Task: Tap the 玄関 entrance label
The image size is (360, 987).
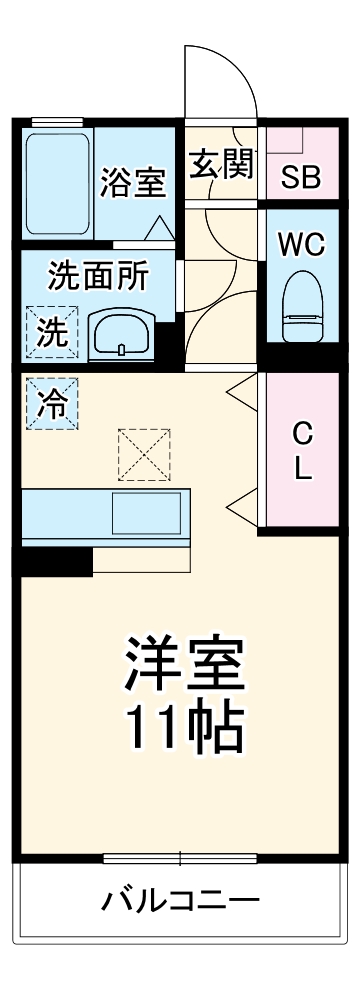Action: (x=222, y=164)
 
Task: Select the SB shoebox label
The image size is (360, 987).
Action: (x=299, y=179)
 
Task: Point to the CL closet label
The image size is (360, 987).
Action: (x=302, y=451)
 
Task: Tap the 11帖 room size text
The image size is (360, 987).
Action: (x=183, y=731)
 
